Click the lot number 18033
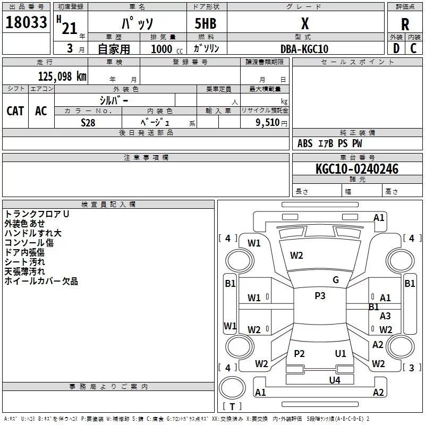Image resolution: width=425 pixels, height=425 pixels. coord(27,23)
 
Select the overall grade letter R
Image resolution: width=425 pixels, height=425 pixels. coord(405,24)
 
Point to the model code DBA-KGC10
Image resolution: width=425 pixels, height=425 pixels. coord(304,49)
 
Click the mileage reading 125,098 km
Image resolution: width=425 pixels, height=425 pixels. coord(62,76)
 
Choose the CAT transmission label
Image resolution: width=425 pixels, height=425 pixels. coord(15,110)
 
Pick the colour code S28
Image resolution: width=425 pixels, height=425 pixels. coord(88,122)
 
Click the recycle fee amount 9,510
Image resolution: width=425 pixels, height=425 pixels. coord(267,122)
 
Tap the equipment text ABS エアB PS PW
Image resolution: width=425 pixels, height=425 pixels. coord(329,143)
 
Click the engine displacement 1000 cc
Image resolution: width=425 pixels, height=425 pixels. coord(165,49)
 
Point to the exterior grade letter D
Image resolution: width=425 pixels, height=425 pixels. coord(396,48)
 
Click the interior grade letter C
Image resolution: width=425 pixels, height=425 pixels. coord(413,48)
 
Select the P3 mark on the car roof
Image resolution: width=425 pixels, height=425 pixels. coord(320,296)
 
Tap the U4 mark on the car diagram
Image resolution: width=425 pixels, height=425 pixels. coord(334,380)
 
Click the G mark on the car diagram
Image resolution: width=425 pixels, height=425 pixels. coord(336,280)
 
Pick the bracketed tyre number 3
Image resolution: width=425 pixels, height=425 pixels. coord(411,368)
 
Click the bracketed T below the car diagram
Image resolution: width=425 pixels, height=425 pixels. coord(232,407)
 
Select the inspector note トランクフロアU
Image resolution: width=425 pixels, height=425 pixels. coord(37,214)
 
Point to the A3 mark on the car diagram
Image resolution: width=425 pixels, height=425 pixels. coord(385,316)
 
